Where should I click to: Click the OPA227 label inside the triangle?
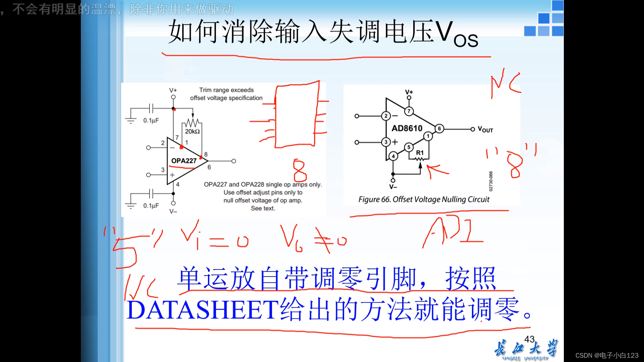[184, 161]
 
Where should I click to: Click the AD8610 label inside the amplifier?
[407, 128]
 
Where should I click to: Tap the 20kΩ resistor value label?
[193, 131]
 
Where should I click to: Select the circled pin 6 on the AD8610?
[439, 129]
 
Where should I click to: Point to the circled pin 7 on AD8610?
[409, 111]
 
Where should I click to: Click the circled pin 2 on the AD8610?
[386, 116]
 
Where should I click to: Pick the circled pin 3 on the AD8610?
[386, 142]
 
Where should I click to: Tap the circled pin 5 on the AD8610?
[409, 147]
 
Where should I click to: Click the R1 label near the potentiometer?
[420, 153]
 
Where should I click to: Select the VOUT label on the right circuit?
[485, 129]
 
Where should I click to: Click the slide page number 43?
[529, 339]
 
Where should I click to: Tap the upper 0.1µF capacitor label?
[151, 120]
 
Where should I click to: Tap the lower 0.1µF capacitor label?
[151, 205]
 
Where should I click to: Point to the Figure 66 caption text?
[424, 199]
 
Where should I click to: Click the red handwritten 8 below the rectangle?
[300, 170]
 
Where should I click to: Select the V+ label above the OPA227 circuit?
[173, 90]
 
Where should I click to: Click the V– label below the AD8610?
[393, 187]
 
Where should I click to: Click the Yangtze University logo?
[526, 350]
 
